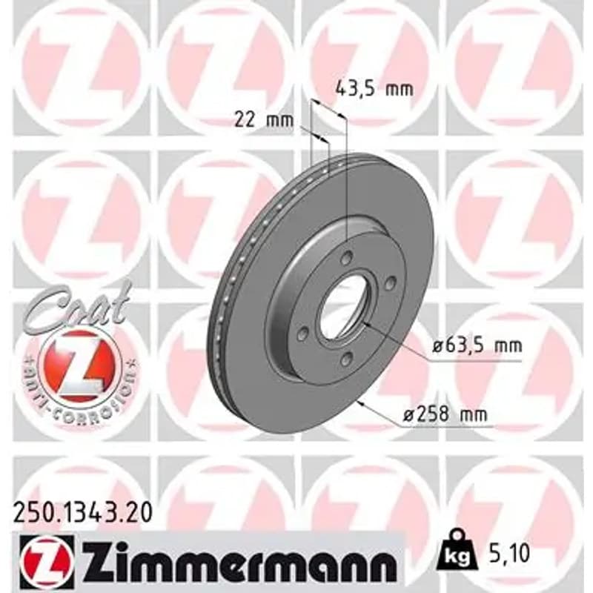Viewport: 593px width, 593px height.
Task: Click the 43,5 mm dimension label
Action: tap(374, 90)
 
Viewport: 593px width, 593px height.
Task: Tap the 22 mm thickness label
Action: tap(264, 120)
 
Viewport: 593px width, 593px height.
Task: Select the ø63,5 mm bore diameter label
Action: tap(477, 345)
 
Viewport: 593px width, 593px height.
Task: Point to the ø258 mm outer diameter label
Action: tap(445, 415)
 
